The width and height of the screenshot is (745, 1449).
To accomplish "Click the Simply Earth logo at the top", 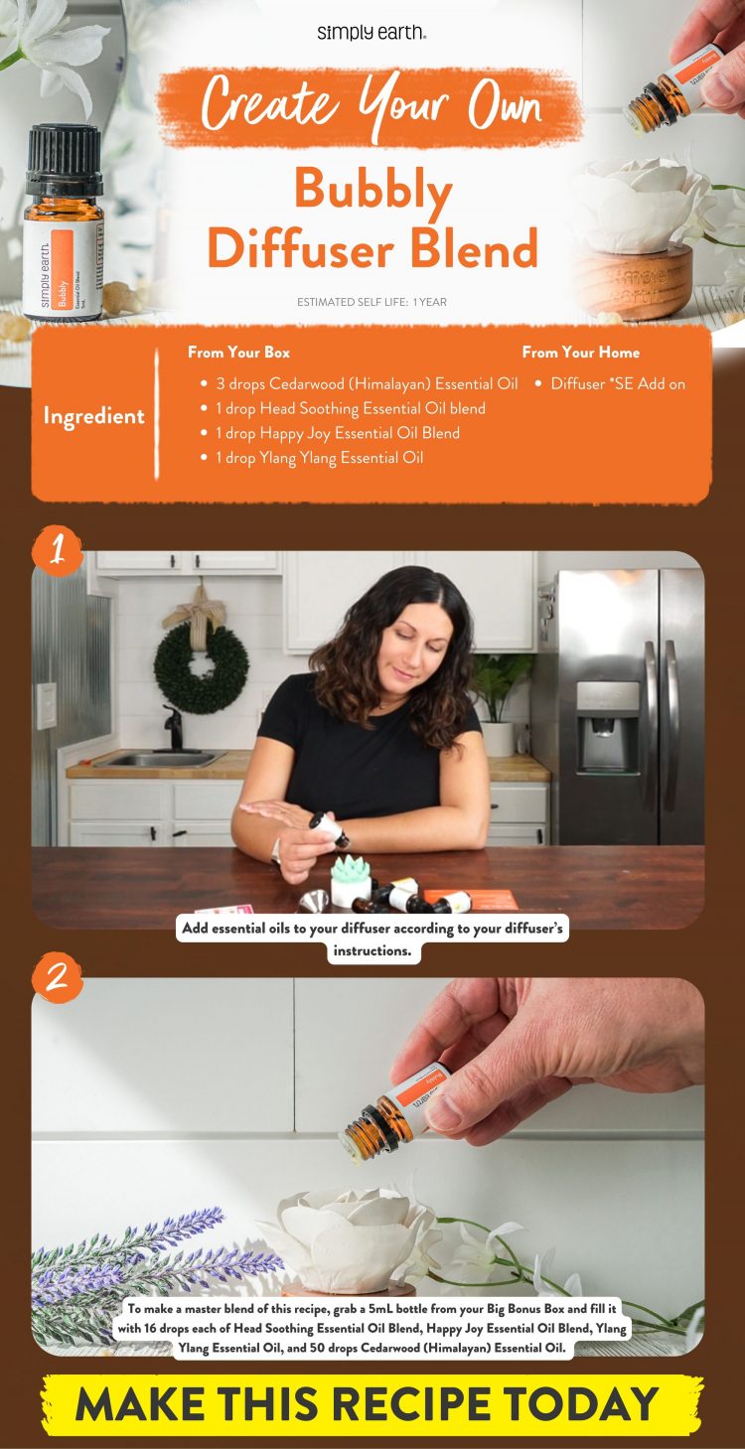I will tap(372, 33).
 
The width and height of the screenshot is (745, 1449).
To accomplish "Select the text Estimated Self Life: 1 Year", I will tap(372, 302).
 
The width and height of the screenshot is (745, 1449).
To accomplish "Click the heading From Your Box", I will tap(238, 353).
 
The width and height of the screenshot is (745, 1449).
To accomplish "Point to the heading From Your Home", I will tap(580, 353).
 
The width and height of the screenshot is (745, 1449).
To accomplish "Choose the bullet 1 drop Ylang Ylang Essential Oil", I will tap(319, 458).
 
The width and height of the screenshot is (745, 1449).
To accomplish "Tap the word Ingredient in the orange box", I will tap(93, 416).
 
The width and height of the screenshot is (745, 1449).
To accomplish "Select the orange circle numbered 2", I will tap(57, 977).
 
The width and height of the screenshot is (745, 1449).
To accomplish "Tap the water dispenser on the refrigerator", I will tap(608, 711).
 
